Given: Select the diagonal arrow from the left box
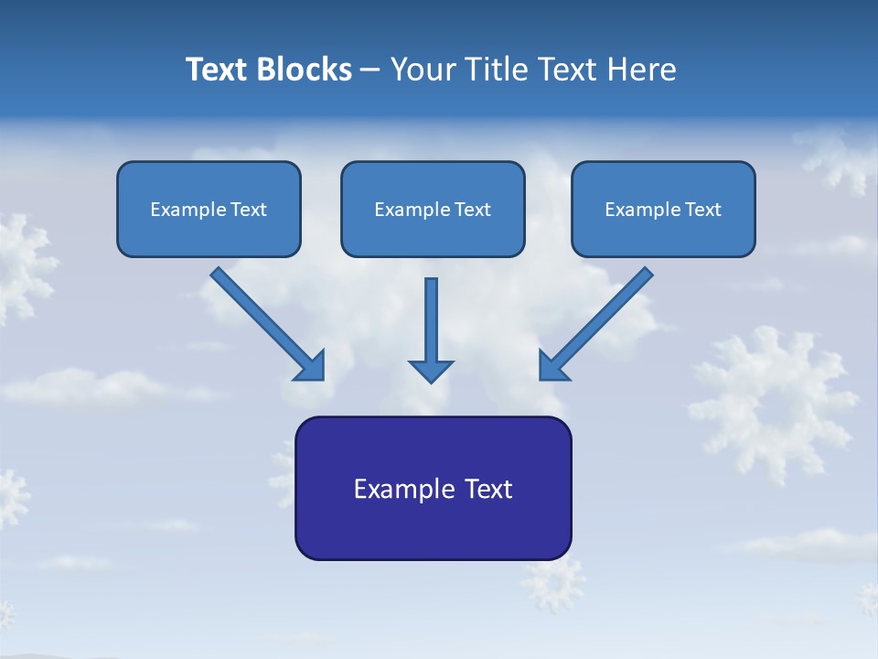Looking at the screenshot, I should click(x=265, y=322).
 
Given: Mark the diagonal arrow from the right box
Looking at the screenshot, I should click(x=598, y=322).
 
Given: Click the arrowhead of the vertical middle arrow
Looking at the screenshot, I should click(x=431, y=370).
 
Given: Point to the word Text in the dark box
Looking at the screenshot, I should click(x=489, y=489).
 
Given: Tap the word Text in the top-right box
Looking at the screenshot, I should click(x=702, y=210).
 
